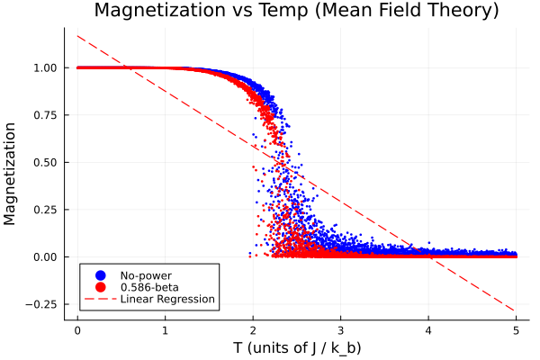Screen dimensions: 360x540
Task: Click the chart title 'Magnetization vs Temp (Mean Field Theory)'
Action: [x=296, y=12]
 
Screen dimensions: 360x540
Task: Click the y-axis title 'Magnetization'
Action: [x=12, y=174]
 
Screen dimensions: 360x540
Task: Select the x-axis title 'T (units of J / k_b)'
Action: [x=297, y=347]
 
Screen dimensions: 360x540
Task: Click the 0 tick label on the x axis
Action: [x=77, y=329]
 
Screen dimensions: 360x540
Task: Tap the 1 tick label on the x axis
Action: [x=166, y=329]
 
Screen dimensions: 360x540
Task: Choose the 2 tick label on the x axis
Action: [x=253, y=329]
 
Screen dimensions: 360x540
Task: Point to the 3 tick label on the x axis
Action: [x=341, y=329]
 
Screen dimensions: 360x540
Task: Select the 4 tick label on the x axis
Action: [x=428, y=329]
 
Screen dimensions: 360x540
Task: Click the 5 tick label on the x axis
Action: [x=517, y=329]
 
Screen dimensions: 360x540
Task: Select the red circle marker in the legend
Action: [x=100, y=287]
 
